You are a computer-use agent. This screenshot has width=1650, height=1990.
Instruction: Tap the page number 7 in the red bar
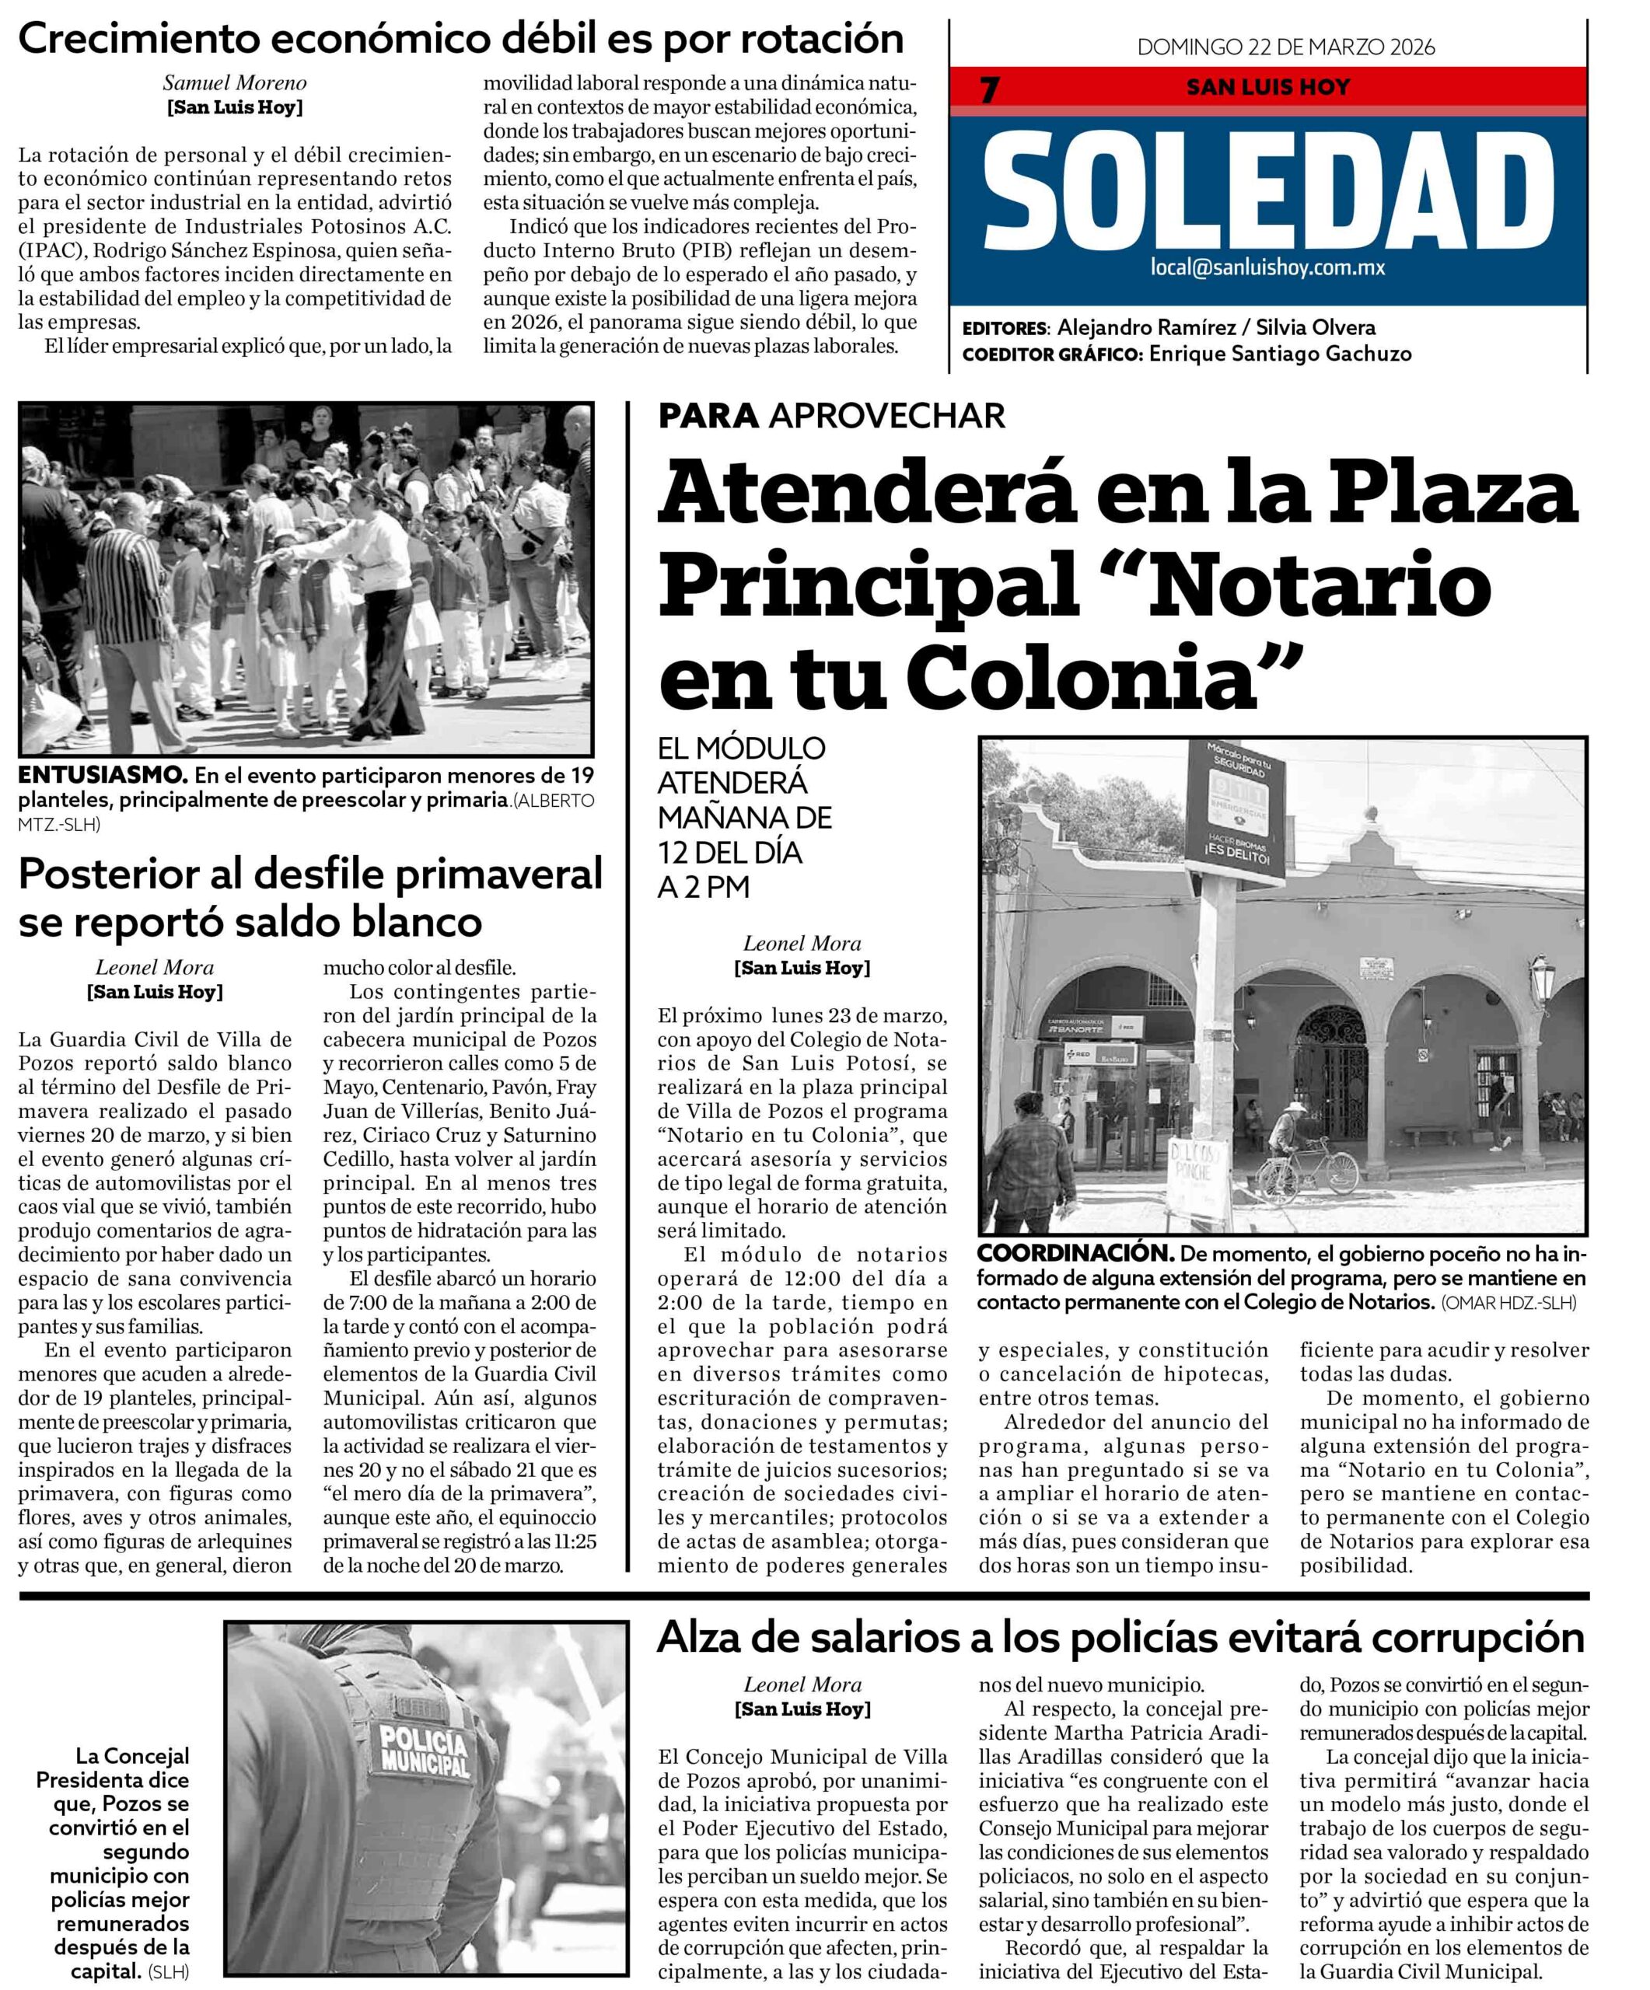pos(989,89)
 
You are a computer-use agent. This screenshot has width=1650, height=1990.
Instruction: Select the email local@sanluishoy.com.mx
pos(1267,268)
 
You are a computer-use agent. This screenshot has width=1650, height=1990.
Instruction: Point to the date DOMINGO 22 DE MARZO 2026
pos(1285,47)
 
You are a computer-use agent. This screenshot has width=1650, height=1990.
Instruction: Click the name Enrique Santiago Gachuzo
pos(1279,354)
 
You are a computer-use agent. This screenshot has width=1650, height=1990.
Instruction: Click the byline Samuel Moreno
pos(234,83)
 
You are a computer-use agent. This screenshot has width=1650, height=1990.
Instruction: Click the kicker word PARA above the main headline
pos(709,415)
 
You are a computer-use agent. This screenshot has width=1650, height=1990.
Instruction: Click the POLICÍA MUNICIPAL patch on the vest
pos(424,1751)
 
